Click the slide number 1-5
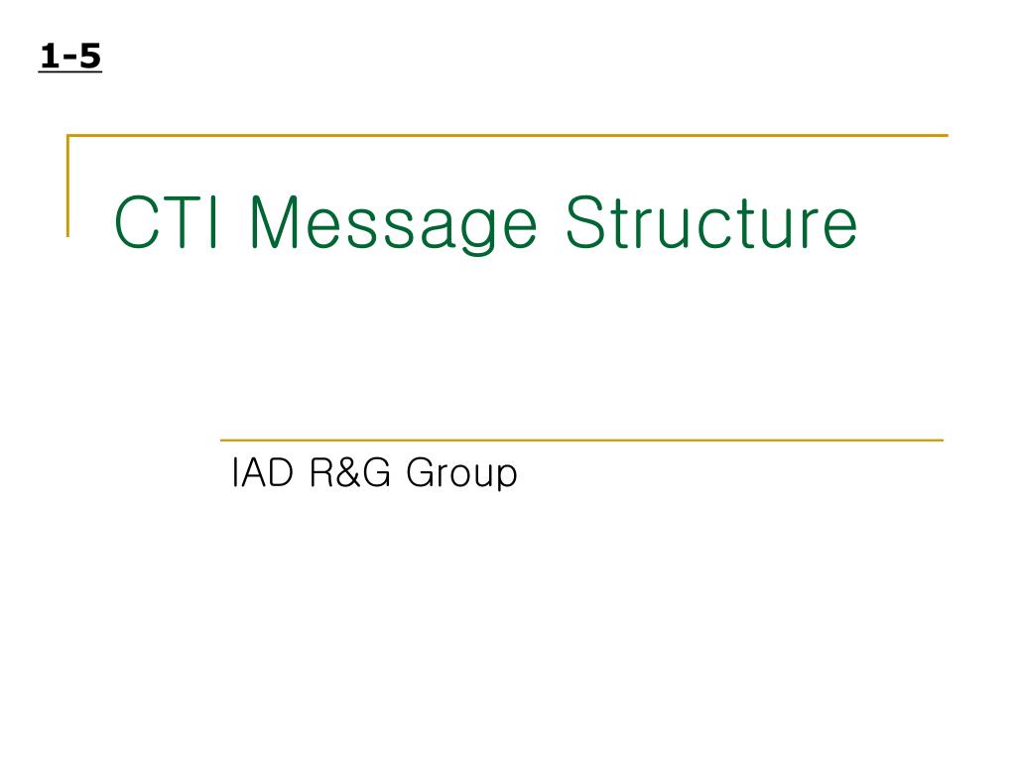[x=70, y=58]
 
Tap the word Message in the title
[x=393, y=224]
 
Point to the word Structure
[x=710, y=224]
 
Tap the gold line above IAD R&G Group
[x=580, y=440]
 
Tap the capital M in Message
[x=278, y=224]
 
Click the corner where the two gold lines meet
[x=67, y=135]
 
